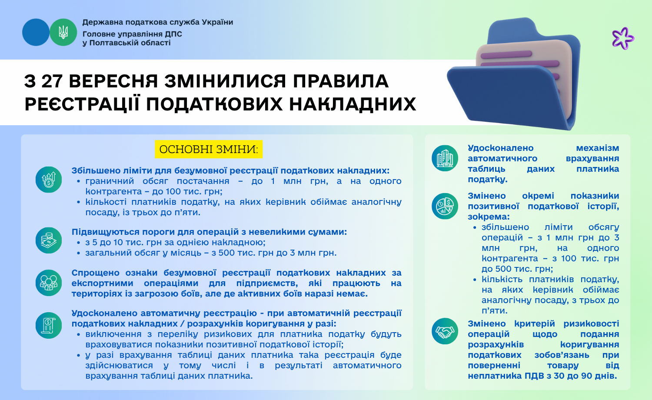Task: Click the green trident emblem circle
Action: click(x=63, y=32)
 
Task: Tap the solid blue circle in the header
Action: click(x=36, y=32)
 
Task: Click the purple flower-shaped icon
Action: click(x=622, y=38)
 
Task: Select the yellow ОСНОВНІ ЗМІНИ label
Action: click(x=209, y=149)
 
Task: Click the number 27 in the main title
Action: click(x=52, y=81)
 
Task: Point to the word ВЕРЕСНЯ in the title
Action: click(x=113, y=81)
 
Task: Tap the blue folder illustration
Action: click(x=514, y=74)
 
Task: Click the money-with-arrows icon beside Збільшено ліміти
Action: click(x=49, y=180)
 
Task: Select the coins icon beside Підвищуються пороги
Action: click(x=49, y=240)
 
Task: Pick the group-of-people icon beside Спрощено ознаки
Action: click(x=49, y=283)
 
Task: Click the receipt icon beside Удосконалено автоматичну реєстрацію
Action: click(x=49, y=326)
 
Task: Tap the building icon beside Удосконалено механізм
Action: click(x=445, y=158)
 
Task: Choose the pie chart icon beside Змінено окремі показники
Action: click(x=445, y=206)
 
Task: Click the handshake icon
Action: click(x=445, y=331)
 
